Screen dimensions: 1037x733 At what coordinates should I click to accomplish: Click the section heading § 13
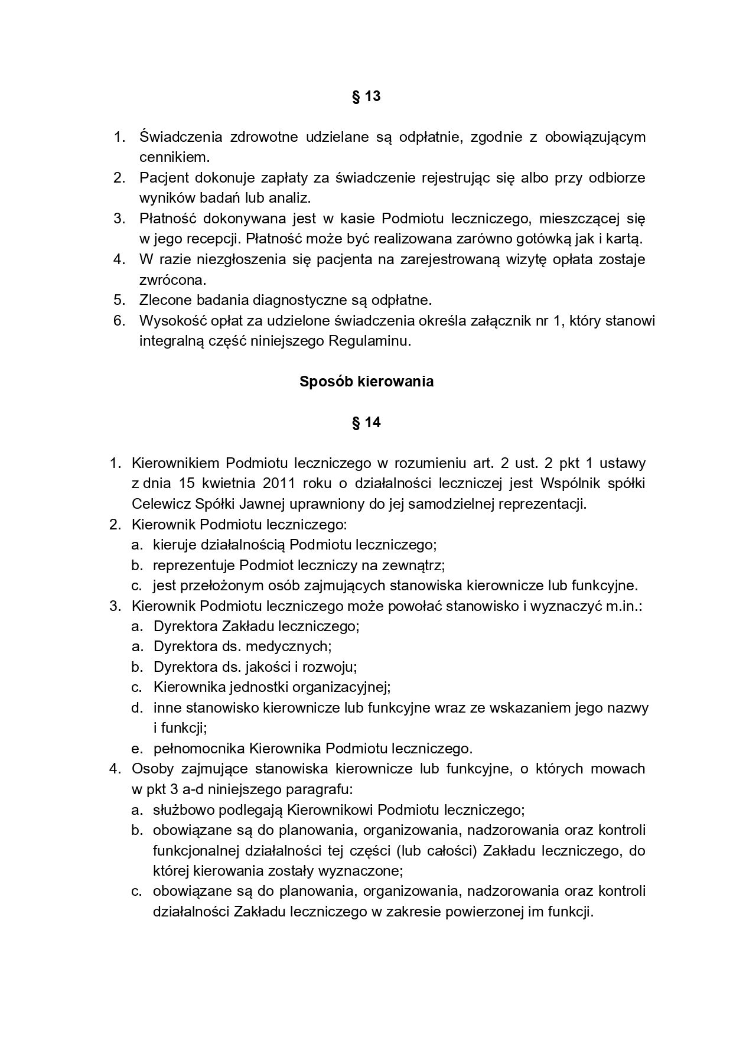coord(366,96)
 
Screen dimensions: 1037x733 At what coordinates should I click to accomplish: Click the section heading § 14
coord(366,422)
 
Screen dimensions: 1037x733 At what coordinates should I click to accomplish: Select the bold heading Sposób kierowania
coord(366,382)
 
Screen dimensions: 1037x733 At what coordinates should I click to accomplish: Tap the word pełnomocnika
coord(199,749)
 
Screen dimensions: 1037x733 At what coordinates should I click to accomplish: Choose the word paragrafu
coord(324,789)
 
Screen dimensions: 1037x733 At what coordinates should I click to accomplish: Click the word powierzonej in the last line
coord(487,911)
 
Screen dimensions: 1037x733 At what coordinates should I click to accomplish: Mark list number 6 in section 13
coord(119,321)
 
